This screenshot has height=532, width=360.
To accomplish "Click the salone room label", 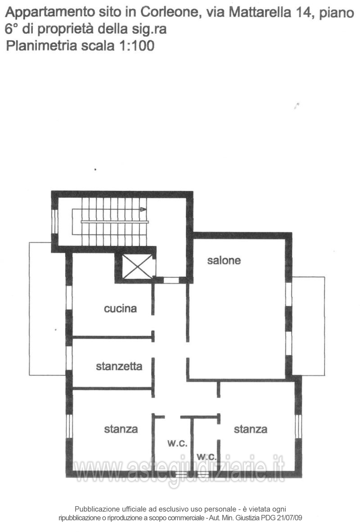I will [224, 260].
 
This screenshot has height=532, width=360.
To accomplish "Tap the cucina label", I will [120, 309].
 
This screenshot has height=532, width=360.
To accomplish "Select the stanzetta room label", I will [119, 367].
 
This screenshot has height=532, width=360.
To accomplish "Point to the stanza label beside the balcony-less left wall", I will [121, 429].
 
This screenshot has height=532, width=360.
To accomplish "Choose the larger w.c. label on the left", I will [177, 443].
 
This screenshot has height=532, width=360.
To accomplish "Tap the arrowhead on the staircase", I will [143, 209].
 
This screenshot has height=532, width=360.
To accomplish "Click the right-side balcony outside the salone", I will [308, 326].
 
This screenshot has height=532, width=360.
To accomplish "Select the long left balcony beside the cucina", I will [47, 308].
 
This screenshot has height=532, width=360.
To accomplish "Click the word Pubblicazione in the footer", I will [98, 509].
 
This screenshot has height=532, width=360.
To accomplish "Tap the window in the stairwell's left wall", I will [55, 220].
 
